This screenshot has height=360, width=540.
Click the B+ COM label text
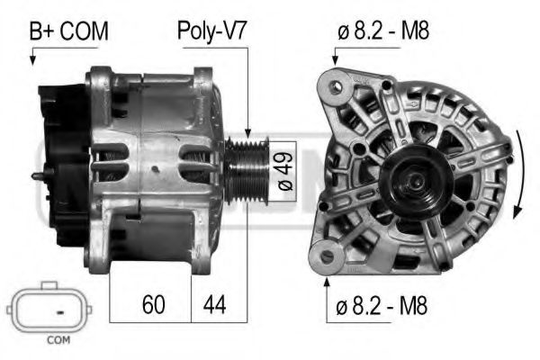[69, 31]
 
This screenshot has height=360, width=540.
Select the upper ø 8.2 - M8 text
[383, 31]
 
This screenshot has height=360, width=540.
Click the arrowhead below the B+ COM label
[33, 60]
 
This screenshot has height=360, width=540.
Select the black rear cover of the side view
[63, 162]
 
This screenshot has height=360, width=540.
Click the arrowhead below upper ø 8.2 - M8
[335, 60]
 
